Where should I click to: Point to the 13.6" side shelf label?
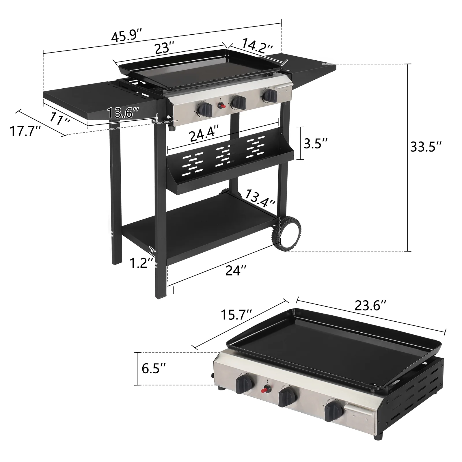click(x=123, y=113)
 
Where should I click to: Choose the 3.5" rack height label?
click(x=316, y=144)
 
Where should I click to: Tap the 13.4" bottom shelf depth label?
click(x=260, y=199)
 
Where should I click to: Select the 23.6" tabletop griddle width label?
click(x=370, y=305)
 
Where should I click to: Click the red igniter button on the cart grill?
click(x=222, y=107)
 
